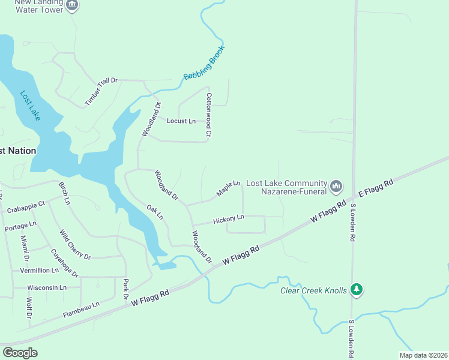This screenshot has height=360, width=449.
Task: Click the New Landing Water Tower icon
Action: tap(72, 5)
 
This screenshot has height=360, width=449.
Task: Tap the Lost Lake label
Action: tap(30, 106)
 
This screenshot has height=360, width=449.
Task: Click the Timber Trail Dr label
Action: tap(101, 92)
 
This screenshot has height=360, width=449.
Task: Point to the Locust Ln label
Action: tap(181, 121)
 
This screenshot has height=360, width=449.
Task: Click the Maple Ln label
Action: tap(228, 188)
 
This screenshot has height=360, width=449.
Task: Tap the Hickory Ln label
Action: tap(229, 219)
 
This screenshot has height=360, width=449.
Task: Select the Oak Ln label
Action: tap(155, 212)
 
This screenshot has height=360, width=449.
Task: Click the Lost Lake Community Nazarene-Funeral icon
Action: tap(336, 187)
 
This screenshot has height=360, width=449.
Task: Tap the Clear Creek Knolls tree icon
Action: tap(357, 290)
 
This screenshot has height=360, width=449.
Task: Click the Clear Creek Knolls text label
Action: tap(314, 290)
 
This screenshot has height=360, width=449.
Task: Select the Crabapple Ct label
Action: tap(26, 207)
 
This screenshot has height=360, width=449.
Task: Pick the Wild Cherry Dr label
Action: tap(74, 245)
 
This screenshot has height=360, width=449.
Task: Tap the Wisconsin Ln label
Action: tap(47, 287)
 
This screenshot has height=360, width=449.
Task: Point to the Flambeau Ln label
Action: tap(81, 310)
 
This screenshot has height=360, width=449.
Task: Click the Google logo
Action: tap(20, 353)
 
